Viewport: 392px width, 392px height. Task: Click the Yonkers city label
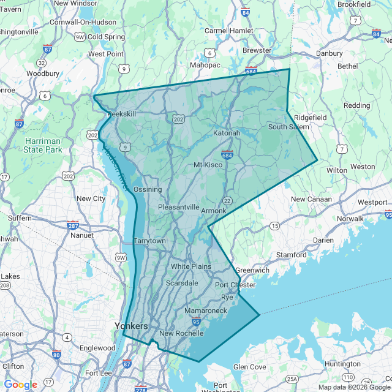131,326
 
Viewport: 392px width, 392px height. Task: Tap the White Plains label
190,266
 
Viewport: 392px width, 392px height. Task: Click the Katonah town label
227,133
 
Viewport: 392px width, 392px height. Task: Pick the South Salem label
288,127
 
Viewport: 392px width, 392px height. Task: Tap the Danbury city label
329,53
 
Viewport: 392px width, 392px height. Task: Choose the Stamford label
291,254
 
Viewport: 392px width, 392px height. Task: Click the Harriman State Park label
43,145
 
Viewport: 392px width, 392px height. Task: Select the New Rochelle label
181,333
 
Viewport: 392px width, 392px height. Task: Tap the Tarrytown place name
149,241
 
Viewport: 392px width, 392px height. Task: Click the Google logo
20,384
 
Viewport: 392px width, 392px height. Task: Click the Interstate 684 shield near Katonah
227,156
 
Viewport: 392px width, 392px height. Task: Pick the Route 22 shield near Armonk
227,200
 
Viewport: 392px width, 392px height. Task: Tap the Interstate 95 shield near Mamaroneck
196,321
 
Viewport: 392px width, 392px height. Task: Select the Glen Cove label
249,367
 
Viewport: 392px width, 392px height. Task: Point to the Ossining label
147,189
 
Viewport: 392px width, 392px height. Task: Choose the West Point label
106,54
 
